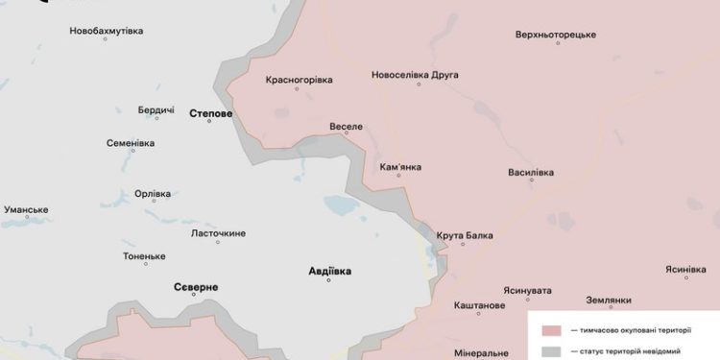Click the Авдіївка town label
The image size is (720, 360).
(329, 270)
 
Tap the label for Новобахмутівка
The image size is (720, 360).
(107, 31)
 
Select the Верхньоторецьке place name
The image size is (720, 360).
(556, 35)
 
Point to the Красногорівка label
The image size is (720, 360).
(298, 80)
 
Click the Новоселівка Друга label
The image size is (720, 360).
(415, 75)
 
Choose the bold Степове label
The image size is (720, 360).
(211, 112)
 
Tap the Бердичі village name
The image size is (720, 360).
(156, 110)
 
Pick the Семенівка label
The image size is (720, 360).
(131, 143)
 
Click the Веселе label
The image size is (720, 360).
(346, 127)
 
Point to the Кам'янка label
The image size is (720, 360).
(400, 166)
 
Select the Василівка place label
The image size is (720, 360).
(531, 173)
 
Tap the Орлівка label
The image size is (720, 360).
(153, 193)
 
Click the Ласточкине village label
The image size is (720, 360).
(219, 233)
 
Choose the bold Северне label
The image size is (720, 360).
(196, 287)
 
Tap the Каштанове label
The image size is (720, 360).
(479, 305)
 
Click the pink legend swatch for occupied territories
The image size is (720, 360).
(551, 329)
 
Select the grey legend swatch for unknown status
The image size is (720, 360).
(551, 351)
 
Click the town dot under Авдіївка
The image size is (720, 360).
(328, 280)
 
